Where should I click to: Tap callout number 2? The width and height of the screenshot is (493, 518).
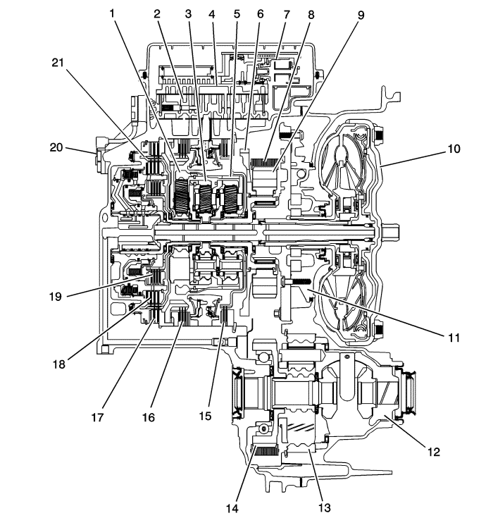click(x=158, y=13)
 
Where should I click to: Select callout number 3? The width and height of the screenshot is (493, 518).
click(x=187, y=13)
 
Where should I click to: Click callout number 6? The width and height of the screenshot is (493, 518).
click(x=260, y=13)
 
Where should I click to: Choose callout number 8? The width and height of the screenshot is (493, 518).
click(x=311, y=13)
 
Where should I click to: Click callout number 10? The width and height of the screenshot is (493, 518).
click(x=453, y=149)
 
